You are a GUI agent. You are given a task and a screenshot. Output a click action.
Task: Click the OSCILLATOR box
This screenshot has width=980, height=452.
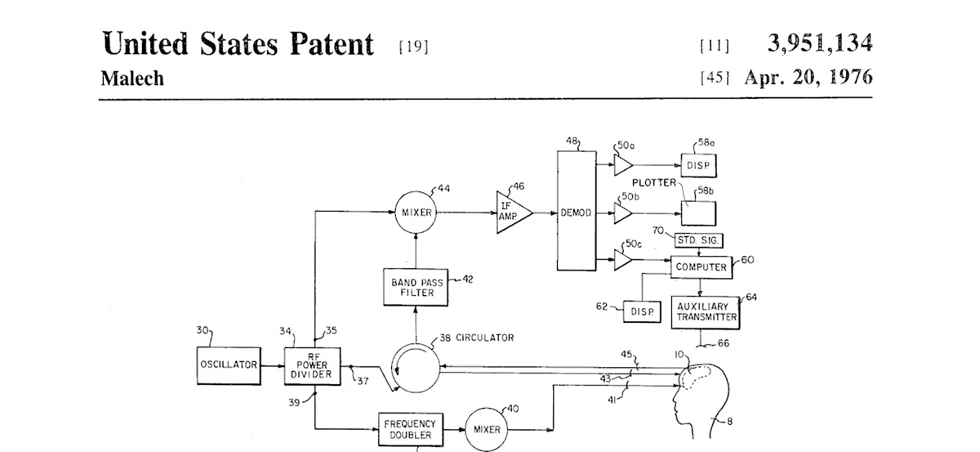coord(229,365)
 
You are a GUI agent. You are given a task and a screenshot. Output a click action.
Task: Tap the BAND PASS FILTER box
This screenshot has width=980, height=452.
coord(417,287)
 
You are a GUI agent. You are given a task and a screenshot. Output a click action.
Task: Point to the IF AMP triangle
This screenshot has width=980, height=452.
coord(513,213)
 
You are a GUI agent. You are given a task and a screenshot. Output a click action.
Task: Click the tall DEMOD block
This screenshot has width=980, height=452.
coord(576,213)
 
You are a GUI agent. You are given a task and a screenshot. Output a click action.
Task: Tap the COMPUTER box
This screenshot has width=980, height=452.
coord(701,267)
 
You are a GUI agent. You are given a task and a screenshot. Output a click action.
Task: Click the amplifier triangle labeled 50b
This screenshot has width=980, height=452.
coord(622,213)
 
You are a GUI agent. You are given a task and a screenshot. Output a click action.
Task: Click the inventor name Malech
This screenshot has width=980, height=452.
coord(131,78)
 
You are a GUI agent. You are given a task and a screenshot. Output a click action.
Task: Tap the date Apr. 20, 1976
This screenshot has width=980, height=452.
coord(808,78)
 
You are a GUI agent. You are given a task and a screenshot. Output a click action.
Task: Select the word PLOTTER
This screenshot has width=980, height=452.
coord(654,182)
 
